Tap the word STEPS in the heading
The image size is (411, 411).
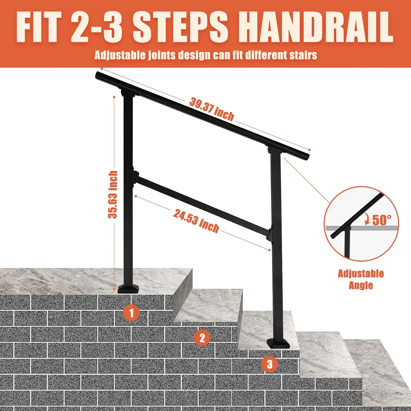point(180,27)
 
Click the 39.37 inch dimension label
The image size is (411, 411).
point(212,109)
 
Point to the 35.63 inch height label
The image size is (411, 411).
point(113,195)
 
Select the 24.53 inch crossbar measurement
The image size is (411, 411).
point(196,221)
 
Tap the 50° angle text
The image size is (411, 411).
point(382,220)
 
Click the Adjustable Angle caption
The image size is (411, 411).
point(361,279)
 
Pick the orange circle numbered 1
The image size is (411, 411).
point(131,313)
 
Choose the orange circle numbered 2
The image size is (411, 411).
point(202,338)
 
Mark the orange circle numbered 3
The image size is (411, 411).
point(270,364)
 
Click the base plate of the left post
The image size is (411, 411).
point(128,290)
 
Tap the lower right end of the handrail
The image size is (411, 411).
point(306,157)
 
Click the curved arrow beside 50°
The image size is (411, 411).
point(367,219)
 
